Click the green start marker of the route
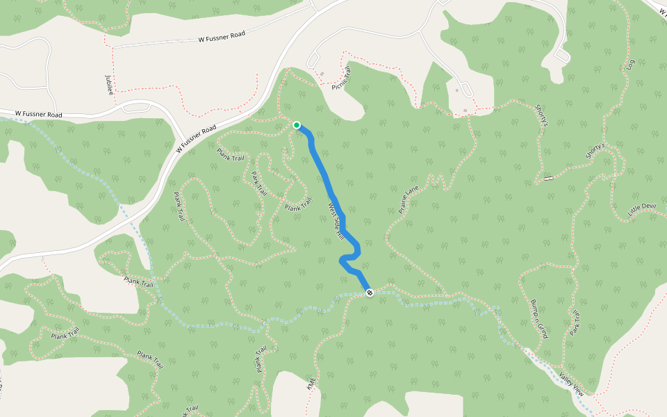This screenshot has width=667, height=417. (297, 125)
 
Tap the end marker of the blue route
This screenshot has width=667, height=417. (370, 293)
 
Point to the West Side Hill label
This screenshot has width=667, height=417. (336, 222)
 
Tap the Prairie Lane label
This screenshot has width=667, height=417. (409, 199)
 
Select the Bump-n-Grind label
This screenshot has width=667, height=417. (539, 319)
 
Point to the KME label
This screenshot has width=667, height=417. (311, 384)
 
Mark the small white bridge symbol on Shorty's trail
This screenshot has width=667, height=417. (549, 179)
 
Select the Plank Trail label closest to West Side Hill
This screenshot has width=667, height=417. (297, 206)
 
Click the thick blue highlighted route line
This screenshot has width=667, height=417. (327, 181)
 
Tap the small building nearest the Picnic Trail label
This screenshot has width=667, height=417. (322, 73)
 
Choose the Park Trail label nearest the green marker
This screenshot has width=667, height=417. (260, 183)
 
